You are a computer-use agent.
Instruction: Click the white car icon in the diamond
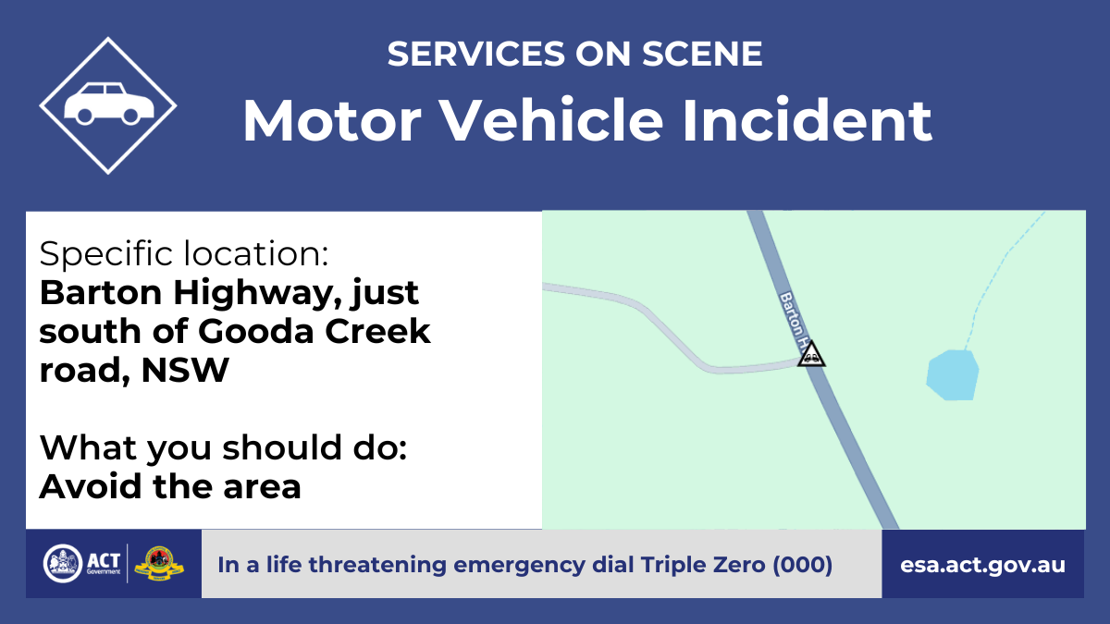tap(109, 104)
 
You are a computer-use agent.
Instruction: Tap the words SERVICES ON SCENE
tap(574, 54)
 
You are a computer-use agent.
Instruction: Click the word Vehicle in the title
tap(551, 121)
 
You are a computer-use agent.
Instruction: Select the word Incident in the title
tap(808, 121)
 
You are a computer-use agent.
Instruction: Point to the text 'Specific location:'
tap(184, 253)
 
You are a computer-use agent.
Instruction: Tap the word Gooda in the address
tap(256, 331)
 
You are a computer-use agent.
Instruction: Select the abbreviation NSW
tap(185, 370)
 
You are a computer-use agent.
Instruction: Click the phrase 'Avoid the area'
tap(170, 486)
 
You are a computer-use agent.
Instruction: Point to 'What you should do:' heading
tap(223, 447)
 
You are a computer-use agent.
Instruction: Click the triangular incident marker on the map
tap(811, 354)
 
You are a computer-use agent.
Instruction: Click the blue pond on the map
tap(953, 375)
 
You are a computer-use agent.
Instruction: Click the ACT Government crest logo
tap(63, 564)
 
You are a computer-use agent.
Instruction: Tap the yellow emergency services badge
tap(159, 564)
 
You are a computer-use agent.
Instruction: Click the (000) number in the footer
tap(802, 565)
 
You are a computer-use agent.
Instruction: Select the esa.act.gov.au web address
tap(982, 565)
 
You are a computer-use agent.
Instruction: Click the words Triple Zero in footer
tap(703, 565)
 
